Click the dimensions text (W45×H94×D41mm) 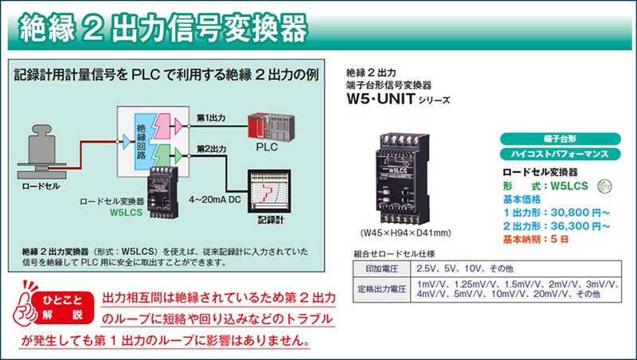point(405,233)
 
